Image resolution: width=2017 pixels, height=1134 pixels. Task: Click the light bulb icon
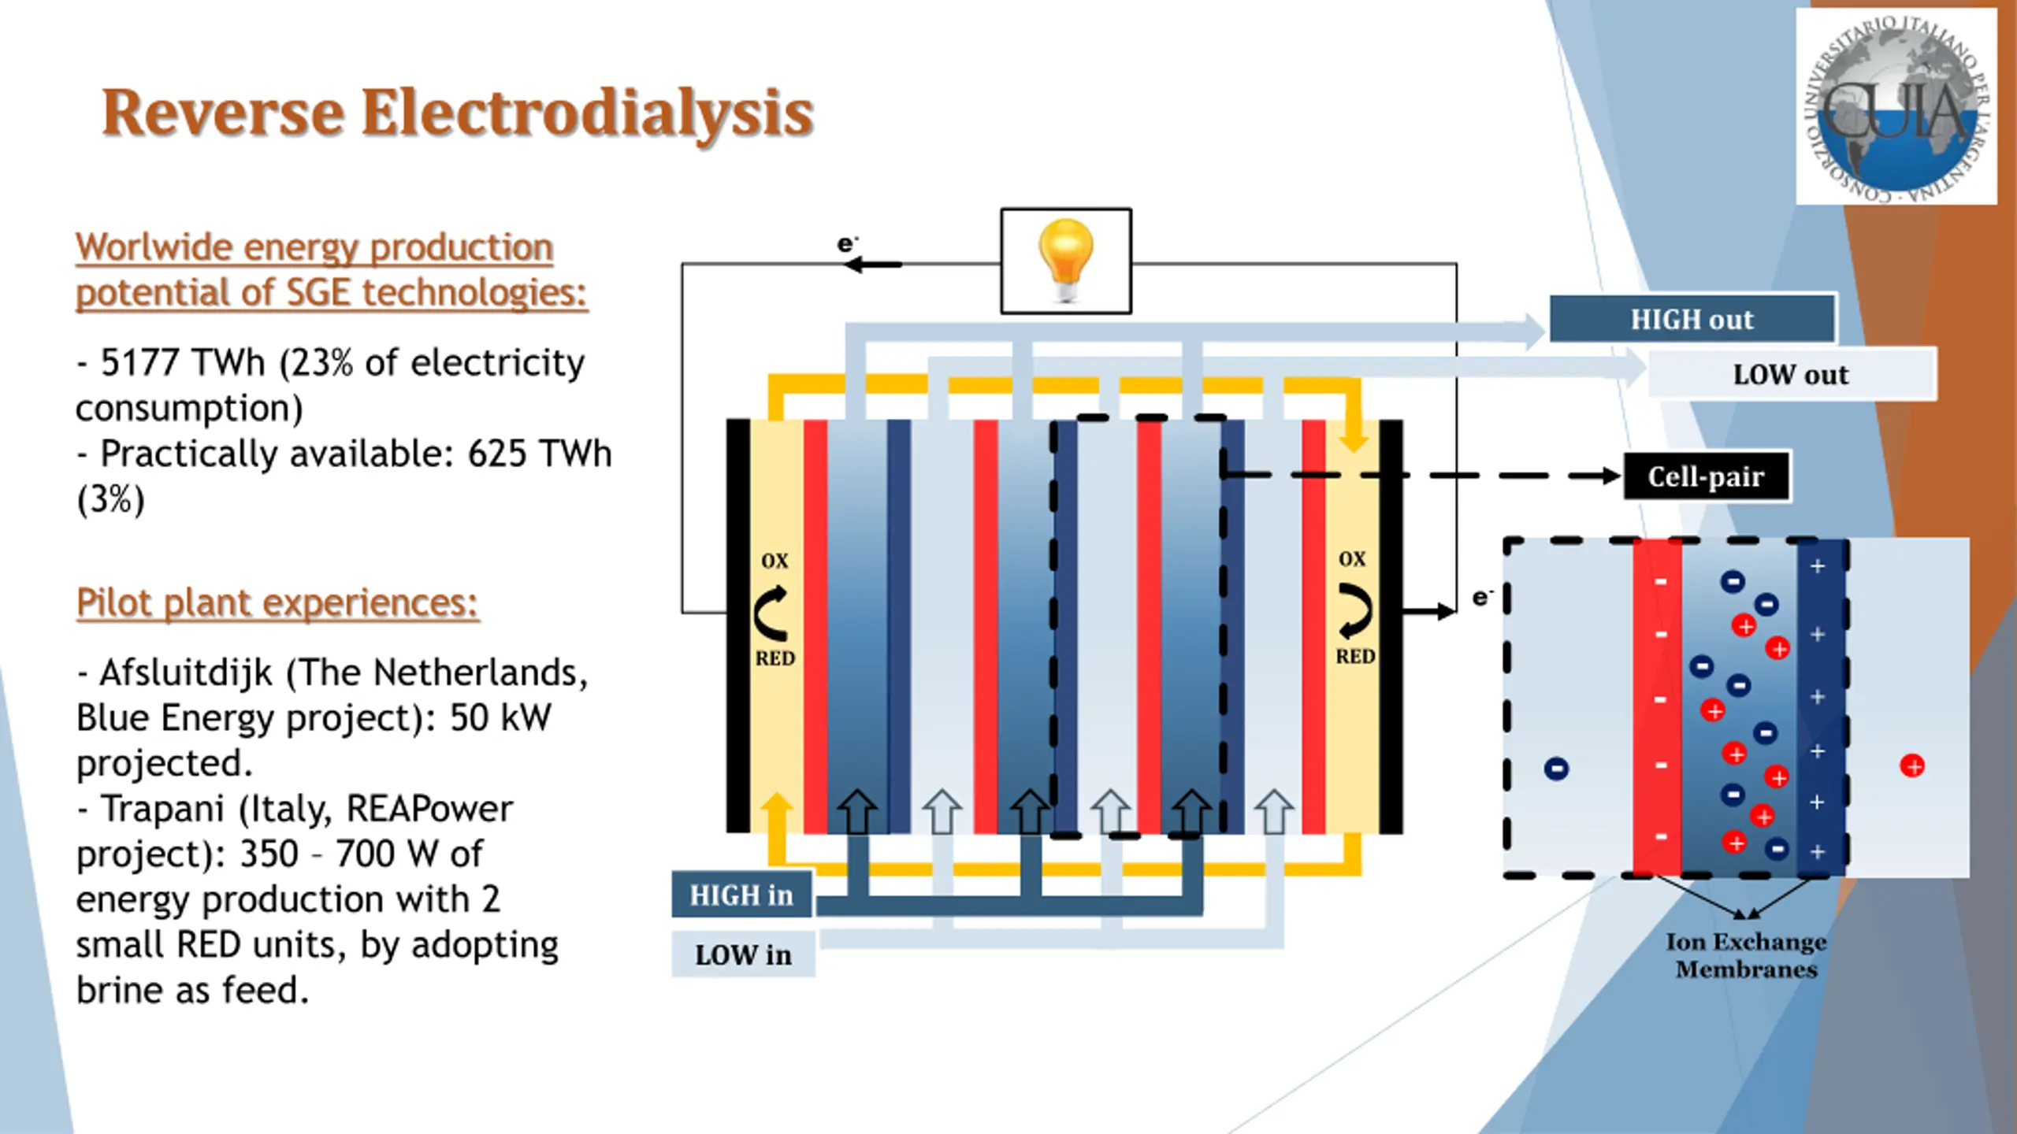click(x=1066, y=260)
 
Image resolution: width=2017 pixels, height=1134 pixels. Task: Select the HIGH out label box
click(x=1692, y=319)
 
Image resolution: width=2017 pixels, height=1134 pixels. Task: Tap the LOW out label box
click(x=1790, y=374)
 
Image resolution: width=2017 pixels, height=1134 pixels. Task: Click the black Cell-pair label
click(x=1706, y=476)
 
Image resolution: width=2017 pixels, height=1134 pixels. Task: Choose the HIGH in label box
click(x=741, y=895)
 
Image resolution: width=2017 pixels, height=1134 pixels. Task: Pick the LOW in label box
click(x=743, y=954)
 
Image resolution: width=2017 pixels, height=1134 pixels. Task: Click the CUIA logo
click(x=1896, y=107)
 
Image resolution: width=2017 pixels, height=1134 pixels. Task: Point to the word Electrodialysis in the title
click(x=587, y=112)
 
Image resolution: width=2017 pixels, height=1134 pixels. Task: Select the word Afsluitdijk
click(x=186, y=673)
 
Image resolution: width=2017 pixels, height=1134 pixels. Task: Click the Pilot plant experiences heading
click(x=277, y=603)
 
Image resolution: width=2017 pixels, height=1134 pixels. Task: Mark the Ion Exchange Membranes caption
click(x=1746, y=955)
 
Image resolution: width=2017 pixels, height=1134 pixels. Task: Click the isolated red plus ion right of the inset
click(x=1912, y=765)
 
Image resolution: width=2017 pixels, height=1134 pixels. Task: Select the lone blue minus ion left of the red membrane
click(x=1556, y=769)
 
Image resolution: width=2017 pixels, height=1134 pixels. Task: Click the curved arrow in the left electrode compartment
click(x=771, y=613)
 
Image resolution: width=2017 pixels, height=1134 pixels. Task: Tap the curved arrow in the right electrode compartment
click(x=1355, y=610)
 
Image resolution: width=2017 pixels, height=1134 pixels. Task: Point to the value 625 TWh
click(x=540, y=454)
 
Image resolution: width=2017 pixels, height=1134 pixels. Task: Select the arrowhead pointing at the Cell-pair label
click(x=1610, y=476)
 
